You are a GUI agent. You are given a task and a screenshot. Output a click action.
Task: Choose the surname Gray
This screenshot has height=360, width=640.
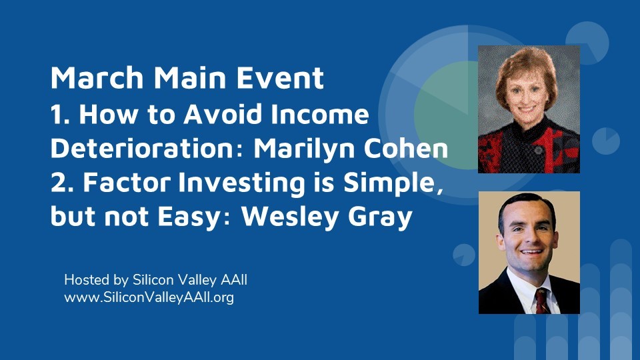coord(380,217)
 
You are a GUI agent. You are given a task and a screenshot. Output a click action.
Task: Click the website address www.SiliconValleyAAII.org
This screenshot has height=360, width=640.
coord(149,297)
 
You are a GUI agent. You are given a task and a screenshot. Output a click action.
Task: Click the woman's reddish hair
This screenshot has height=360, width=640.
coord(526,69)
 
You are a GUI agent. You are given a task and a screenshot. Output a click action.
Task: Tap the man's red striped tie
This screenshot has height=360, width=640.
coord(541,301)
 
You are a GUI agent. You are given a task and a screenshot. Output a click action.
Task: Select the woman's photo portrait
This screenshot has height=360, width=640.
coord(529,109)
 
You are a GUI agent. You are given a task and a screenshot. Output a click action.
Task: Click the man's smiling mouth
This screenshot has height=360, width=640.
coord(531,251)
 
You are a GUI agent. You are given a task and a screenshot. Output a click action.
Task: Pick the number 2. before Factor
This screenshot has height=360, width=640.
coord(64,182)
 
